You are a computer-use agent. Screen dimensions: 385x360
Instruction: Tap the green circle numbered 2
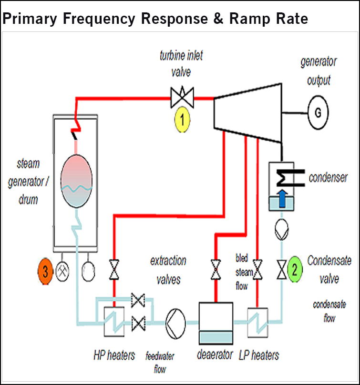point(295,270)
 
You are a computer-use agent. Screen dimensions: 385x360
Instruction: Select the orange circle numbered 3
point(45,272)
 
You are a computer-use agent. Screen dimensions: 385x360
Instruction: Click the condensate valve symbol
point(281,270)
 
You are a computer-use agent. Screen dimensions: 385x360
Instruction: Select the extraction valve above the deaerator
point(216,270)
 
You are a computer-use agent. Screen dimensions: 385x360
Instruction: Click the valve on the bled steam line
point(257,270)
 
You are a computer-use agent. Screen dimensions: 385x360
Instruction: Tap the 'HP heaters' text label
point(114,355)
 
